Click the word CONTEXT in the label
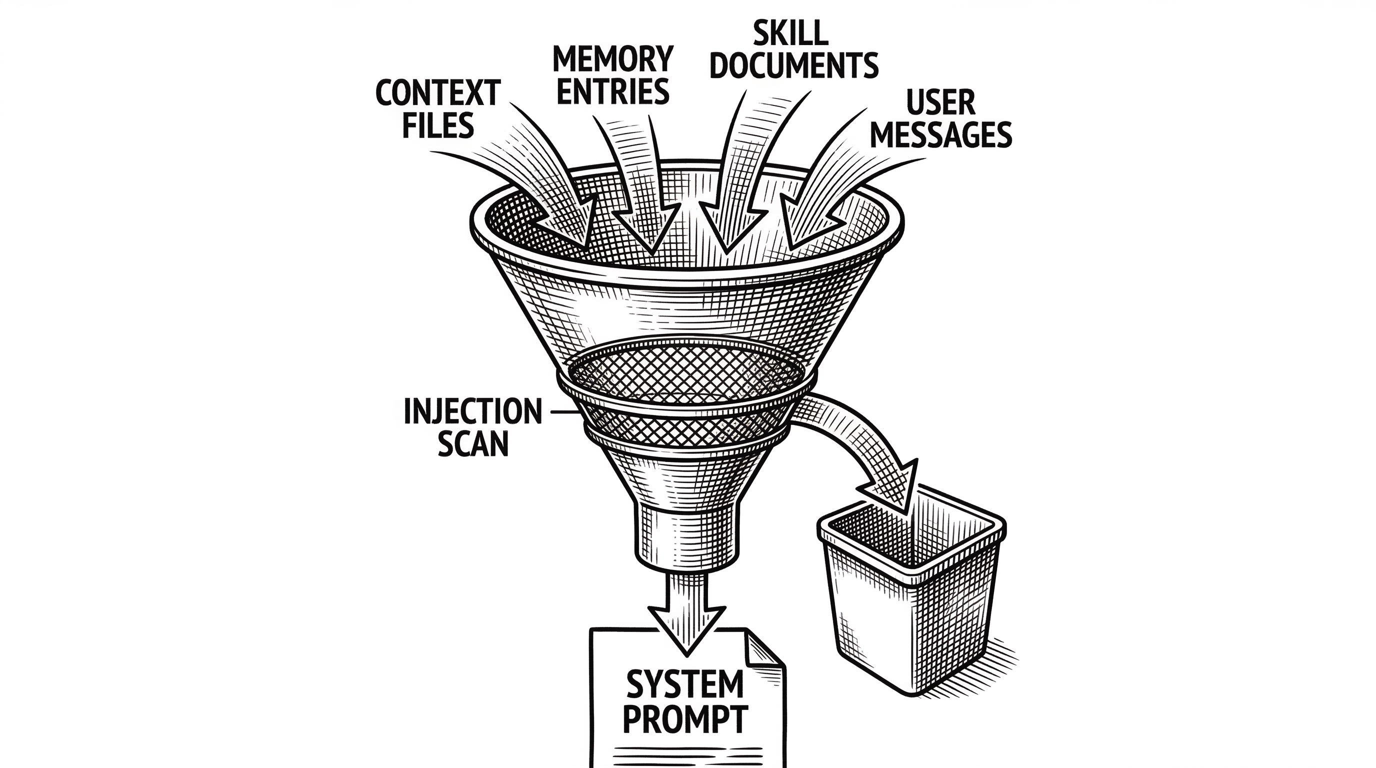(437, 94)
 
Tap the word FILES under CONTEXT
(437, 126)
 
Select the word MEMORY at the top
(612, 59)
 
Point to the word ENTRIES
(612, 92)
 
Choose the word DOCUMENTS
(794, 66)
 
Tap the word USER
(940, 102)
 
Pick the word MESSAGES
(940, 135)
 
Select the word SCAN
(472, 444)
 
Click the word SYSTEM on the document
(685, 684)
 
